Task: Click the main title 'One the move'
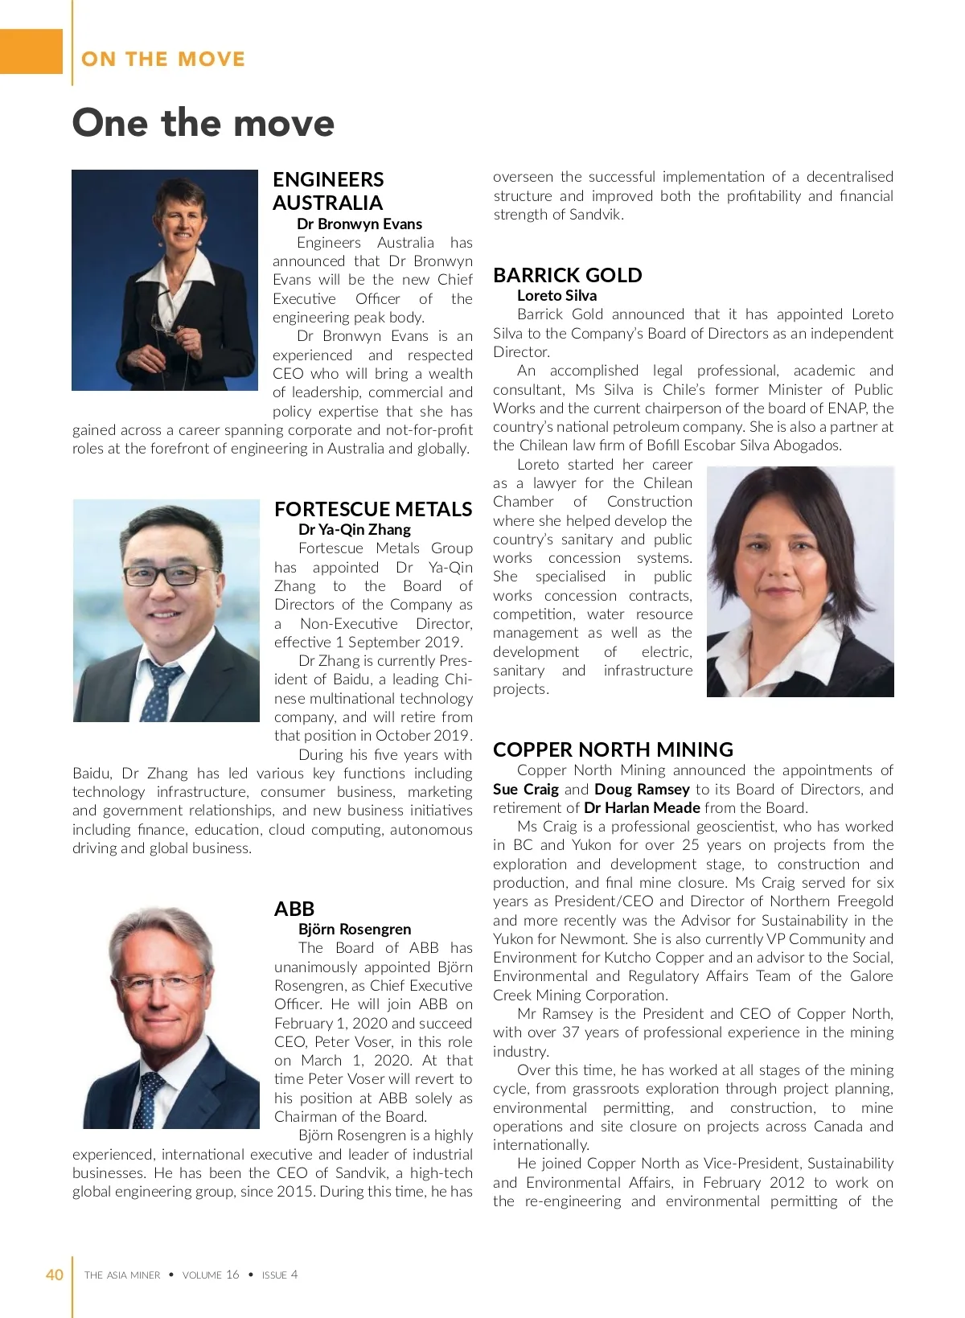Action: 203,123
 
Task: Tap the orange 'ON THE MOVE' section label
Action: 163,59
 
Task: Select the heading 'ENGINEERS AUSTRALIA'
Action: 328,191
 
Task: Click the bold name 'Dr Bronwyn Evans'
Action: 359,224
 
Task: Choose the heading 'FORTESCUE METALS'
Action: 373,509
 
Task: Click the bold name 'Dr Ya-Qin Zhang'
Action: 354,529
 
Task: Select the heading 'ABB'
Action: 294,909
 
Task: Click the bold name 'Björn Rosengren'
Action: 355,929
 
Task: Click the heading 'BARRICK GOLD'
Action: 567,275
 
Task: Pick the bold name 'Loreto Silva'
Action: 556,295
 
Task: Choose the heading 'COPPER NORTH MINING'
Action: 613,749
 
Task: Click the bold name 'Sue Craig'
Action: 525,789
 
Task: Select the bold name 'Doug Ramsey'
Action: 642,789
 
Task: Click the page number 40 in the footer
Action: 54,1275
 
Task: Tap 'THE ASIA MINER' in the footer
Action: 122,1275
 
